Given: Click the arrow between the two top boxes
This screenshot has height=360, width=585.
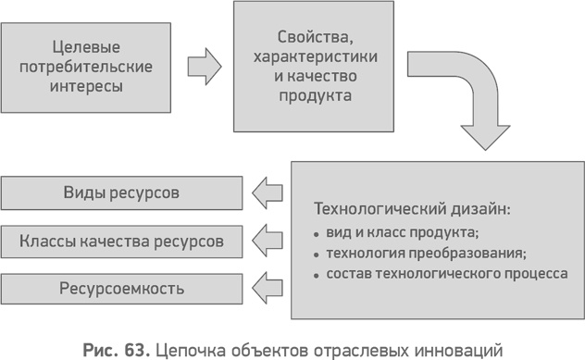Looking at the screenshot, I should click(204, 67).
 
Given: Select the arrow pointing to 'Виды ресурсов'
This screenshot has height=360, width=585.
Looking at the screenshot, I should click(268, 193).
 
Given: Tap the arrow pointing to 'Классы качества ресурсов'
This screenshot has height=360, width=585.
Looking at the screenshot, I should click(268, 241).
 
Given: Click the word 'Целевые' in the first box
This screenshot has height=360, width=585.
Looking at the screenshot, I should click(89, 45).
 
